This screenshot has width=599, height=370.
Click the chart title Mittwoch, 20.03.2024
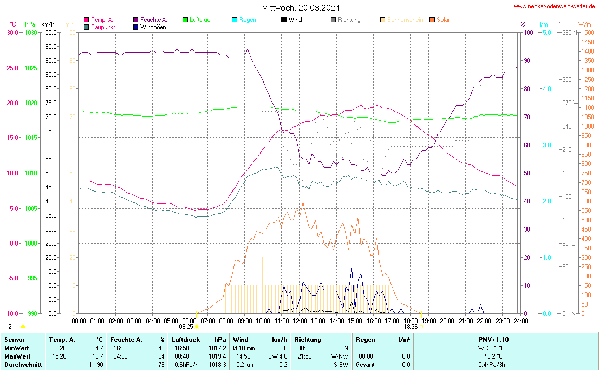[x=301, y=8]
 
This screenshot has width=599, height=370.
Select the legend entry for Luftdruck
[x=201, y=20]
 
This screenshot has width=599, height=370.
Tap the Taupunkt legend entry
[x=103, y=27]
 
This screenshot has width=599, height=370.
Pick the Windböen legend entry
[x=153, y=27]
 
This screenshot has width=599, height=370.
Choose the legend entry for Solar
[x=443, y=20]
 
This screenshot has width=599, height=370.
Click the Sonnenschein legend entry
[x=405, y=20]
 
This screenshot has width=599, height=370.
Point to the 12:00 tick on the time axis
[x=299, y=321]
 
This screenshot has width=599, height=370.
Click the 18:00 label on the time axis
[x=410, y=321]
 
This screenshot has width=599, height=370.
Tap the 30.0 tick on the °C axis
[x=12, y=32]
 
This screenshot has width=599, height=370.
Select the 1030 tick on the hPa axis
[x=31, y=32]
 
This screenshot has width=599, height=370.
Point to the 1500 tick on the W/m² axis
[x=588, y=32]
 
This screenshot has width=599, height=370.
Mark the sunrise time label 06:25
[x=186, y=327]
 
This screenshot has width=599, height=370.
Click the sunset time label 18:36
[x=411, y=327]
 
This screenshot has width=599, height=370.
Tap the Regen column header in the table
[x=365, y=339]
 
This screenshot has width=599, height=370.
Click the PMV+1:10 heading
[x=494, y=339]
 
